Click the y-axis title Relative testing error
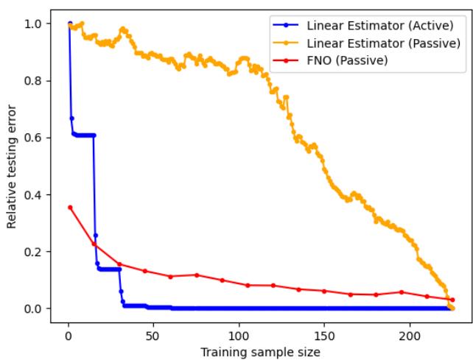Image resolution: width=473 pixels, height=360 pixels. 13,166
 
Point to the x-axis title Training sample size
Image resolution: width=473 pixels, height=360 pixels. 261,352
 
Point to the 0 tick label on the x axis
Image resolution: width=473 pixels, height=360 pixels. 68,334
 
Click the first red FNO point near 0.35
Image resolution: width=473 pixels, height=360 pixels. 70,208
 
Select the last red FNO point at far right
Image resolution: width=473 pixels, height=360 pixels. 452,300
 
